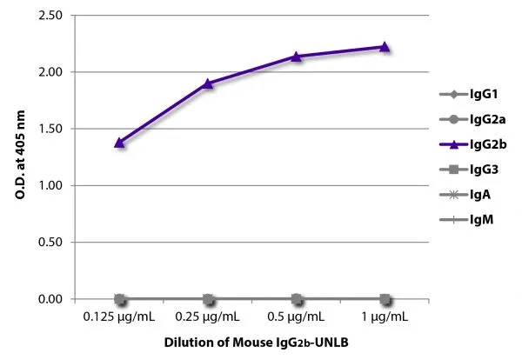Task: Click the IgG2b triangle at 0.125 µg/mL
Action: click(120, 142)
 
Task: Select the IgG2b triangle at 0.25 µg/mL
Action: click(208, 83)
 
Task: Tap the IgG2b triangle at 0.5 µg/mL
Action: click(297, 57)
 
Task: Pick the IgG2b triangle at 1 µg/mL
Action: click(385, 47)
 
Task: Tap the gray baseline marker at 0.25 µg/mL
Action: click(208, 299)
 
